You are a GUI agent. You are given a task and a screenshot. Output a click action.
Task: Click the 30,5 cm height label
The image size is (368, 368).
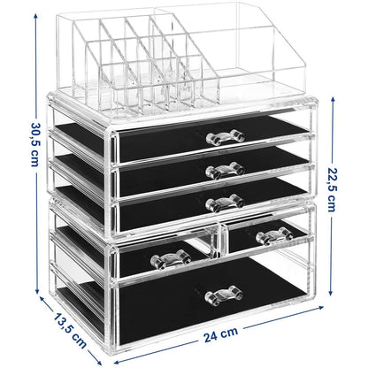34,144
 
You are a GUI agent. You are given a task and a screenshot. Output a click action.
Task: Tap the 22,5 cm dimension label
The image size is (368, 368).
333,189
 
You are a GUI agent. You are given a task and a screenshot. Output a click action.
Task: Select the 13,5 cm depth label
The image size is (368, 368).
70,330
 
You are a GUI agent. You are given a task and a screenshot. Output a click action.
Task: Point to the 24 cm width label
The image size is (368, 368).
220,334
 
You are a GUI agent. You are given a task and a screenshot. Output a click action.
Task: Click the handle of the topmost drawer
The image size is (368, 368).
226,137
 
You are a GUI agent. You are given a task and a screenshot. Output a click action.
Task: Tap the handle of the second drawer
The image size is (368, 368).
226,170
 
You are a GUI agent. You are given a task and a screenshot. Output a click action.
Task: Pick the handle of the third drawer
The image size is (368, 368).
225,203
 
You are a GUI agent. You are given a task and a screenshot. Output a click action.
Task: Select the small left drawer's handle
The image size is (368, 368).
171,259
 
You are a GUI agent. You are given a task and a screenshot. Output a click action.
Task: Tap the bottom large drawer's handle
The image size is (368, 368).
224,295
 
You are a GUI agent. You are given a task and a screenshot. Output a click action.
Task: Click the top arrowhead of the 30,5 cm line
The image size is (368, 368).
35,16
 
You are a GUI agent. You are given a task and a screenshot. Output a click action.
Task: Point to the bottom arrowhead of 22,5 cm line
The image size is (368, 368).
332,292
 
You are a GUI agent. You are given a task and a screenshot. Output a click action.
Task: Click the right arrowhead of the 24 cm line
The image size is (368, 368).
320,308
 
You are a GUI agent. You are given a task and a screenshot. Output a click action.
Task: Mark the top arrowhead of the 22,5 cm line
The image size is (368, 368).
333,99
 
